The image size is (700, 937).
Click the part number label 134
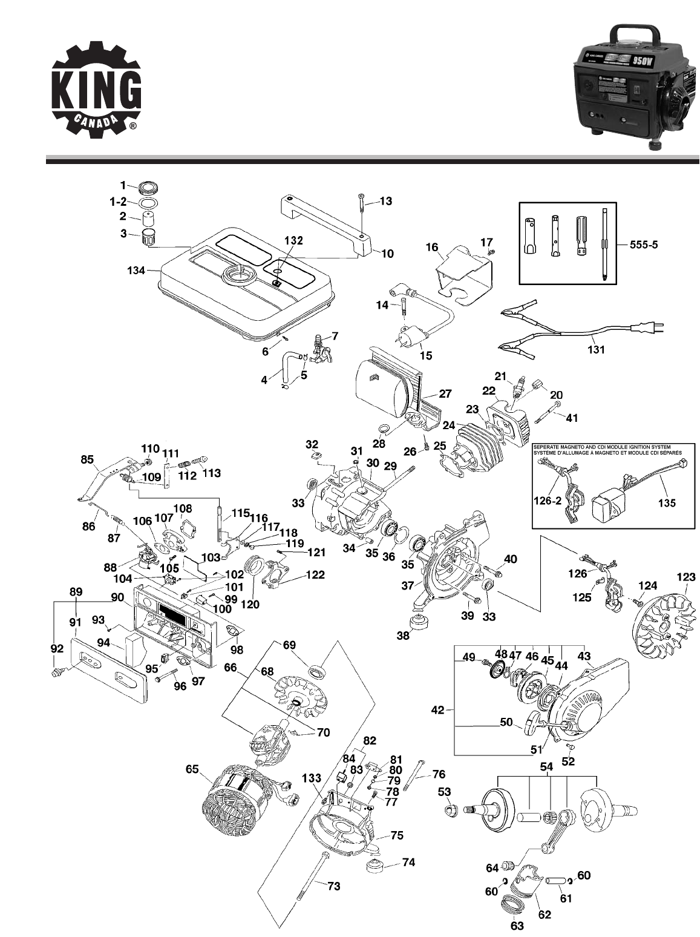pyautogui.click(x=137, y=271)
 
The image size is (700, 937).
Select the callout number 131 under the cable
pyautogui.click(x=596, y=349)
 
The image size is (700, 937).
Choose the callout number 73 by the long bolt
pyautogui.click(x=333, y=886)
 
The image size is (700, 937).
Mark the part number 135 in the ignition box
pyautogui.click(x=667, y=502)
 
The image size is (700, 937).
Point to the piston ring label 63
pyautogui.click(x=517, y=925)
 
